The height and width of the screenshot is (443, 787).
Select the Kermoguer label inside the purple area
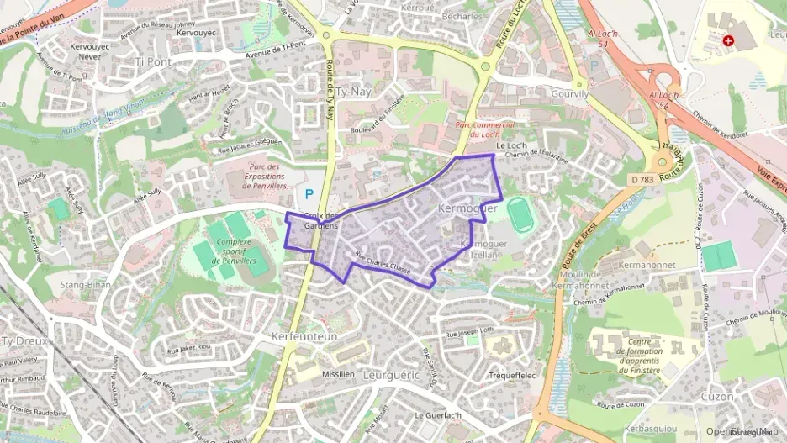[468, 207]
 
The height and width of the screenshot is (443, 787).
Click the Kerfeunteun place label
[304, 335]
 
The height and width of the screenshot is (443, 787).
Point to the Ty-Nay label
[353, 91]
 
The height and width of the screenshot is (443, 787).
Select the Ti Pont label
[152, 61]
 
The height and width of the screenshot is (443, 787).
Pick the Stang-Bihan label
[87, 285]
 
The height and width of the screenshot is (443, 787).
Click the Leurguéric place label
[389, 376]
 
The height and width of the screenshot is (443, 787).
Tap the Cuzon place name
[716, 396]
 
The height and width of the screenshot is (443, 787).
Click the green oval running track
[521, 218]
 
